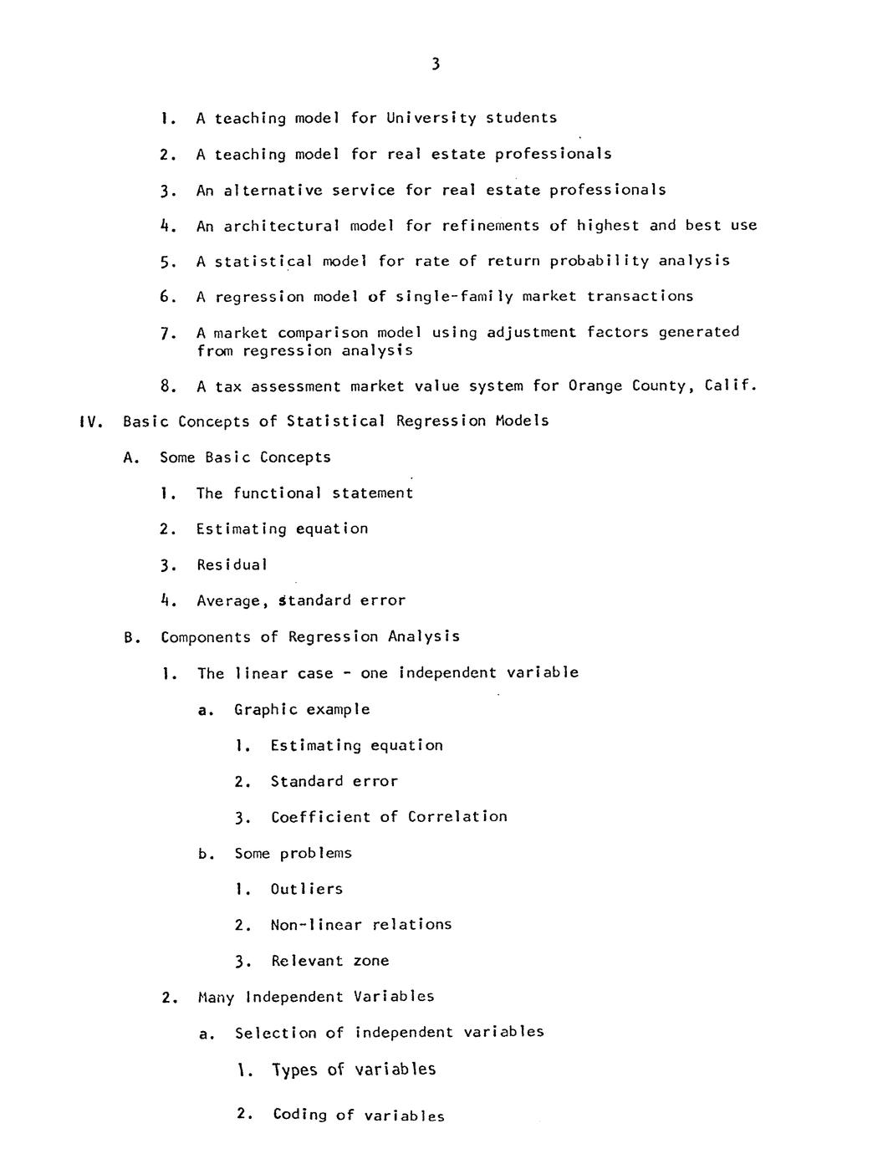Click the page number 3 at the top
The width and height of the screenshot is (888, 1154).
coord(436,64)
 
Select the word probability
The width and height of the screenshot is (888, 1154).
coord(599,261)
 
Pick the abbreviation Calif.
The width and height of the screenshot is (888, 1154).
coord(731,386)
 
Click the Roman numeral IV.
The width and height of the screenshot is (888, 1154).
coord(89,421)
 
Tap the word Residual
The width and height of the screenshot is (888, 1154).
coord(232,565)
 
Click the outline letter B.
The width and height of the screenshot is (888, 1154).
coord(130,637)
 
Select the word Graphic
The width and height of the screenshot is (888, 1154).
coord(265,710)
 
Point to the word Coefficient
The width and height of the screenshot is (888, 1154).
coord(319,817)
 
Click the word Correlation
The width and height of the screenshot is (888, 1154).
coord(457,817)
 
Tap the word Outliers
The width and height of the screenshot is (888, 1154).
coord(306,889)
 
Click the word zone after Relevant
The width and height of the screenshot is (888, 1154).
coord(370,961)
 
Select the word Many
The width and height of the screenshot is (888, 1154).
coord(216,997)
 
